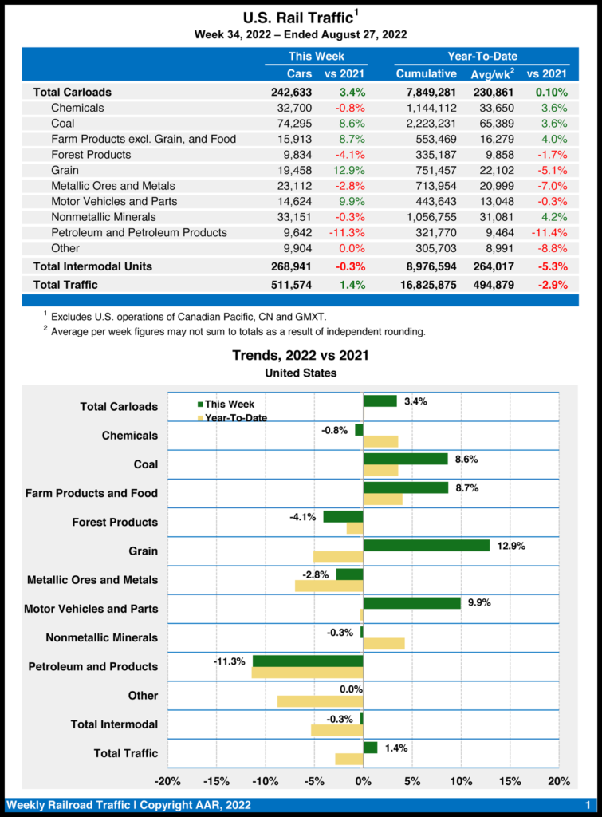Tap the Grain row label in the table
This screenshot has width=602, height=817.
65,170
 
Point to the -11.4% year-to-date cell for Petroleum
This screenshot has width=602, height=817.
550,233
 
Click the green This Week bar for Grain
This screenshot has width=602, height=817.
426,546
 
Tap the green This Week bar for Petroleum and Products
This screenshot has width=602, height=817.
308,661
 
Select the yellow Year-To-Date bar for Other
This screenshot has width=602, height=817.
320,701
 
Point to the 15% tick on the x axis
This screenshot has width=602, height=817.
510,781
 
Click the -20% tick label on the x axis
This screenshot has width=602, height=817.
167,781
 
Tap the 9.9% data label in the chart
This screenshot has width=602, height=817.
479,603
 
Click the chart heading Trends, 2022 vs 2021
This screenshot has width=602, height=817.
300,356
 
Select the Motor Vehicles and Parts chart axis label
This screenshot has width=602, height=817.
91,609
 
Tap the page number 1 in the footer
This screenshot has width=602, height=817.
587,804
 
